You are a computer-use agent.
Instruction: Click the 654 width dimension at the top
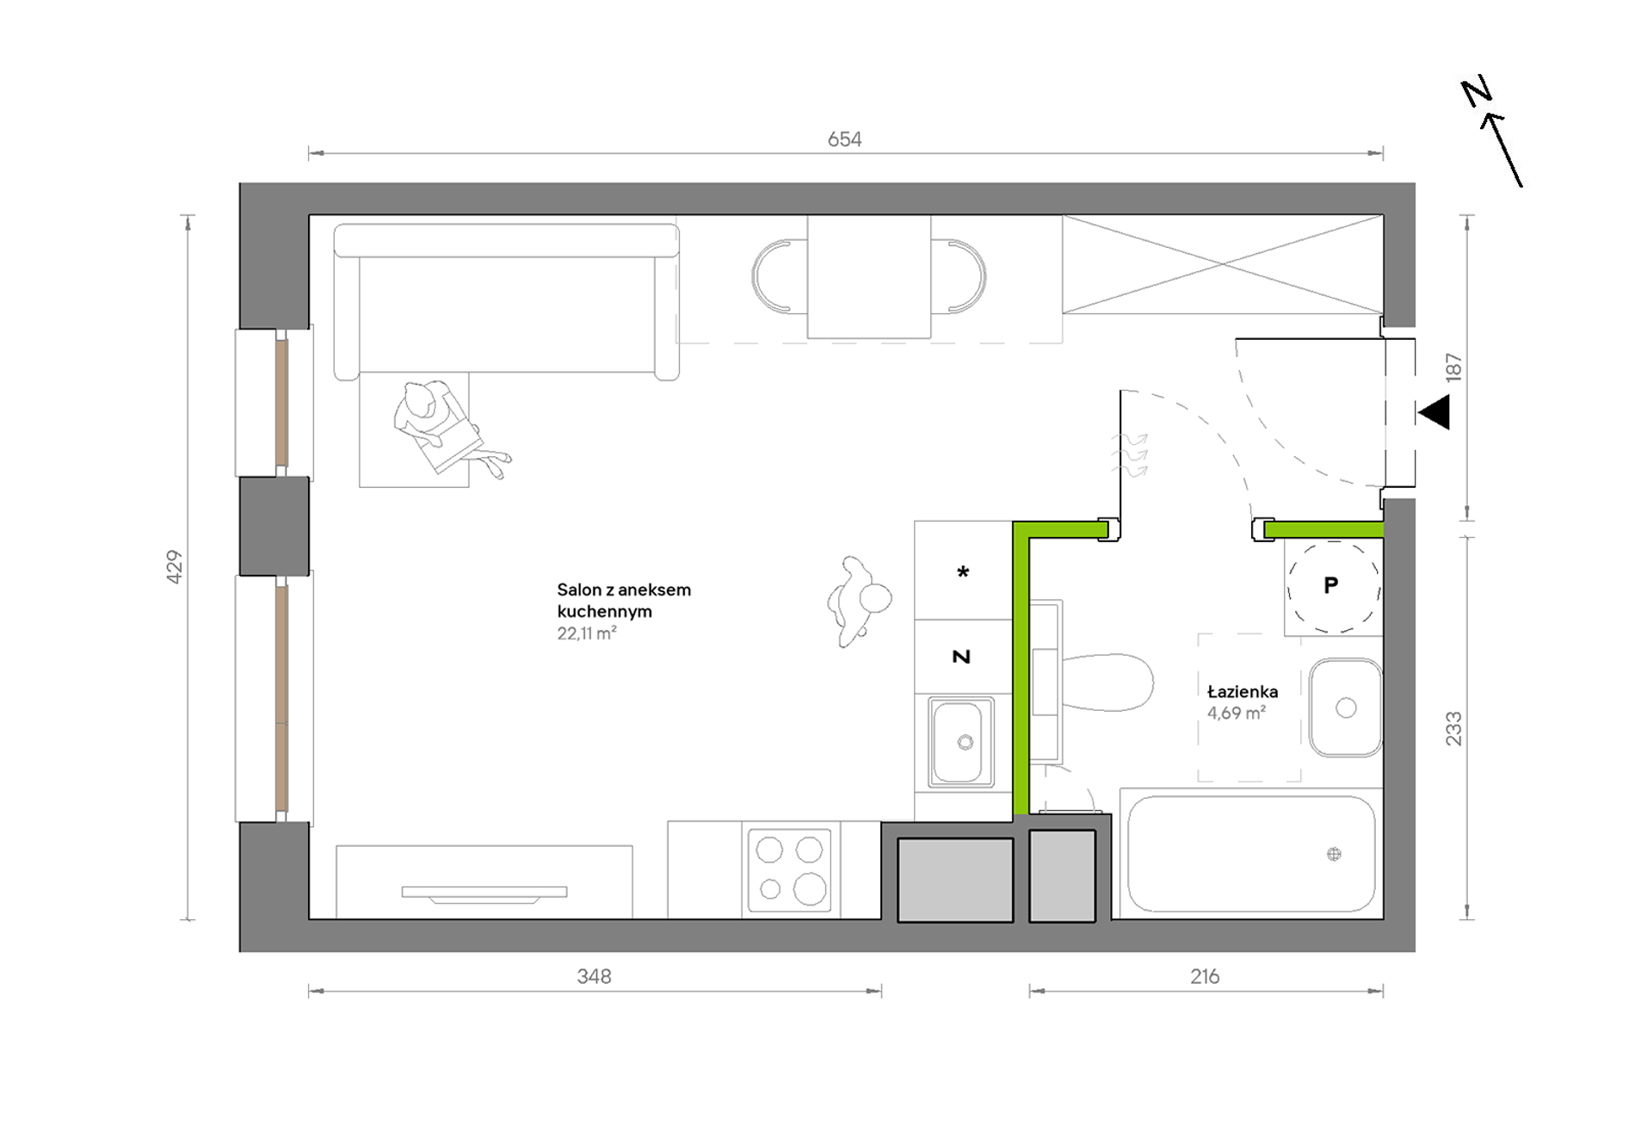844,139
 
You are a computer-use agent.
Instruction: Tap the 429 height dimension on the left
175,567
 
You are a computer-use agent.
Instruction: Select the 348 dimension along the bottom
594,977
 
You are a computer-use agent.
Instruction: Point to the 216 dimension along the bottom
1205,977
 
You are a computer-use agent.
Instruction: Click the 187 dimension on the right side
1453,367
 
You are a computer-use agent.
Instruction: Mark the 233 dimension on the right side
1453,728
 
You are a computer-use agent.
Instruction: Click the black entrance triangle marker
1434,412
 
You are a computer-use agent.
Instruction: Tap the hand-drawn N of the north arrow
1477,92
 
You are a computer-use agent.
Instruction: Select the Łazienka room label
1242,692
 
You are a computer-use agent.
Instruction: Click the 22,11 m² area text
587,633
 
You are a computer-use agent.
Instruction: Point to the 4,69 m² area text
1237,713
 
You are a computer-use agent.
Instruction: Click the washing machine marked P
1333,587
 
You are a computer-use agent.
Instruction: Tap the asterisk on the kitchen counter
963,572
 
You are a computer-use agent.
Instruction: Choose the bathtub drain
1334,855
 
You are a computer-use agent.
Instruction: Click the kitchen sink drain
966,743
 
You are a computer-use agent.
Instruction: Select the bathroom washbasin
1346,707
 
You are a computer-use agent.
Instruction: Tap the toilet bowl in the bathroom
1106,682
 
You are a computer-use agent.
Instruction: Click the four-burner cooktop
789,870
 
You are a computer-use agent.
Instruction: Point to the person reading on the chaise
447,429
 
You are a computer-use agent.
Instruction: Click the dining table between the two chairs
868,277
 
